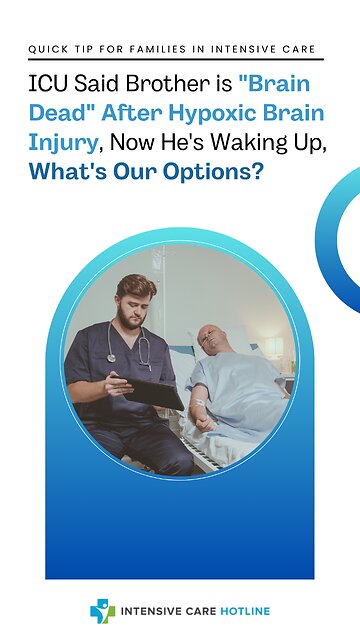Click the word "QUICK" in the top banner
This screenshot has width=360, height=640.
pyautogui.click(x=45, y=48)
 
